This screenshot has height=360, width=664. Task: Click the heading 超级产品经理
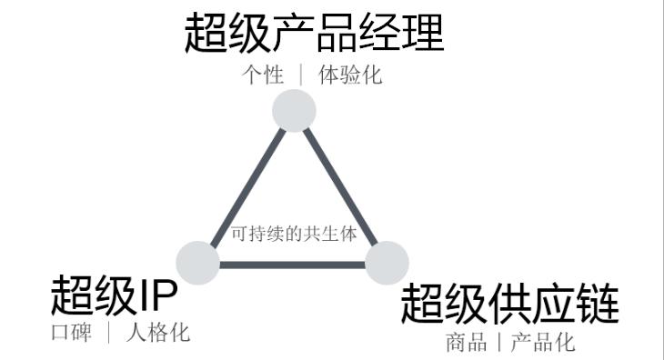click(314, 35)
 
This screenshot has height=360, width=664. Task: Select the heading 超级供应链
click(509, 304)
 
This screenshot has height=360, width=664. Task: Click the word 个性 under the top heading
click(263, 75)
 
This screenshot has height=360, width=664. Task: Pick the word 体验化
click(350, 75)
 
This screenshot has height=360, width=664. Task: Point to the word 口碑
click(71, 333)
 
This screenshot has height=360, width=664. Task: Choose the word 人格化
click(158, 333)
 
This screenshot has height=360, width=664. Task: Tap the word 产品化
click(543, 343)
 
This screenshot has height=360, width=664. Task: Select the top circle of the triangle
click(294, 111)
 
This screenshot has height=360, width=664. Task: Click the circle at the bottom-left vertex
click(197, 263)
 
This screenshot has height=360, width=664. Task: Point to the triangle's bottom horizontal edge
click(292, 265)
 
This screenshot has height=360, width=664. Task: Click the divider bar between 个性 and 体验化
click(301, 75)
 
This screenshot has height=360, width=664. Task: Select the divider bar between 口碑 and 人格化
click(108, 333)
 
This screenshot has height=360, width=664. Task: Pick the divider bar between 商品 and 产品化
click(498, 343)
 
